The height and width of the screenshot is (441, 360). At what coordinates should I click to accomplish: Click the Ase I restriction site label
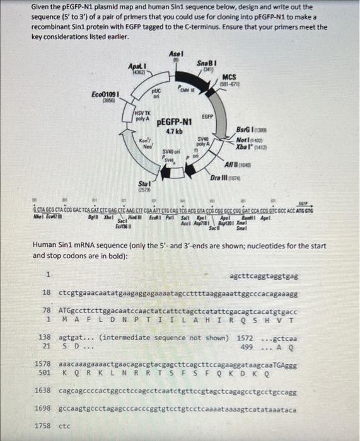(x=176, y=54)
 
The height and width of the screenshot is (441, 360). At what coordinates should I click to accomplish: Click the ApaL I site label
(x=137, y=66)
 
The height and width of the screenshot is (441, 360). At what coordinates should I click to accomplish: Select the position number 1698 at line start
(x=42, y=409)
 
